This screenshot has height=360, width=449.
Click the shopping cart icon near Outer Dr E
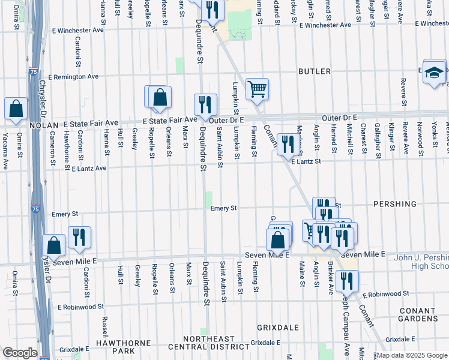[257, 89]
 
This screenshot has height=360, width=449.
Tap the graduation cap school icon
[434, 72]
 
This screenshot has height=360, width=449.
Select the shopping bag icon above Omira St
[16, 109]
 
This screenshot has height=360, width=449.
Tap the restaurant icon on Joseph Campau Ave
[347, 281]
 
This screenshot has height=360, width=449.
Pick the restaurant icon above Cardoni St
[79, 237]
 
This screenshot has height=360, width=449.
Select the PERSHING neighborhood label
[394, 204]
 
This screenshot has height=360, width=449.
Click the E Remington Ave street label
[74, 77]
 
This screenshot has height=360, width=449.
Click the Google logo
[20, 353]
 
